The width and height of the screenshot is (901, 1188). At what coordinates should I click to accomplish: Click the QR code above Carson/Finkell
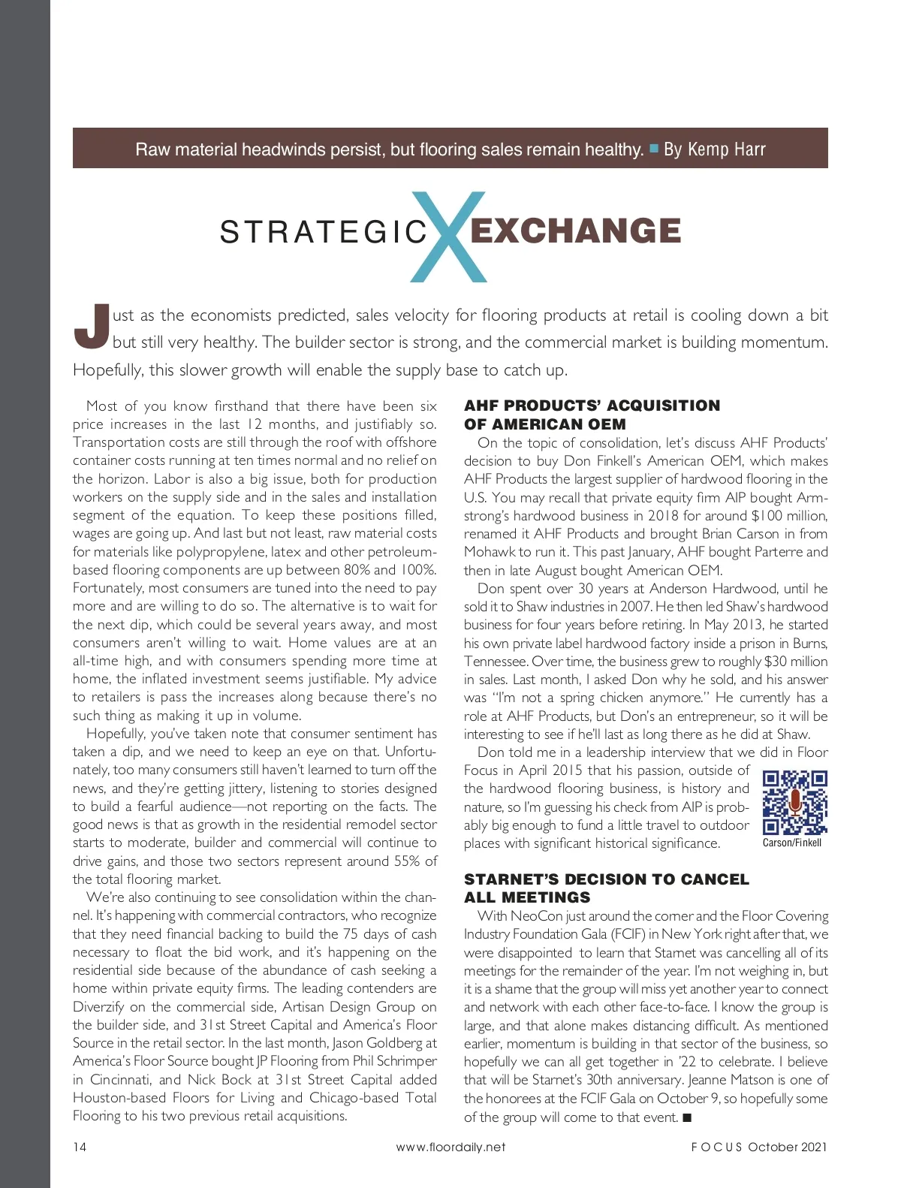coord(794,802)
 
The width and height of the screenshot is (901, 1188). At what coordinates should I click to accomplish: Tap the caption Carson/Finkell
coord(791,843)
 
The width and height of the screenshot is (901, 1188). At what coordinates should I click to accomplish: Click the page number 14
coord(80,1147)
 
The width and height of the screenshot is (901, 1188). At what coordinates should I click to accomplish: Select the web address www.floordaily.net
coord(450,1147)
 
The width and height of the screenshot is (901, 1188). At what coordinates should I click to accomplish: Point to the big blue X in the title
coord(449,236)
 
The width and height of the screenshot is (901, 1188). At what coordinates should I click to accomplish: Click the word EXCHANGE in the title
coord(575,231)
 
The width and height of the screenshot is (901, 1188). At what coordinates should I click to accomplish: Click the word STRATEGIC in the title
coord(323,232)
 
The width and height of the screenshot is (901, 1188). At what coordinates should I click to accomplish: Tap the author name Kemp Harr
coord(726,149)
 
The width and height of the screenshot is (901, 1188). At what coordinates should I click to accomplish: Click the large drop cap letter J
coord(92,327)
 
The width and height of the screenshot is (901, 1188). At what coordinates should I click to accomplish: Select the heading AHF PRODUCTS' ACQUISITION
coord(592,406)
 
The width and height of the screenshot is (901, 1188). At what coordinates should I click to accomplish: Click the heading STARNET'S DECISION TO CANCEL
coord(606,879)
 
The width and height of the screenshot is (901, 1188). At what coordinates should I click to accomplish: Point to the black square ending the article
coord(686,1117)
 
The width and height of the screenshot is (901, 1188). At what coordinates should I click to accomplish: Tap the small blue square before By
coord(654,148)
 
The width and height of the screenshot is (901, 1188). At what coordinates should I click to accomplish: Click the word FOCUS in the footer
coord(716,1147)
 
